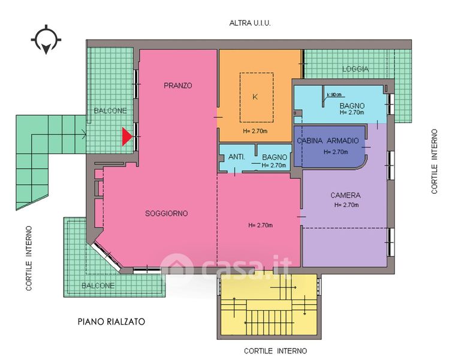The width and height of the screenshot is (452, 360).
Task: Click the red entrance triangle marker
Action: pyautogui.click(x=126, y=136)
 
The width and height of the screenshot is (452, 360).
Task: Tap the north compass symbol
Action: pyautogui.click(x=46, y=40)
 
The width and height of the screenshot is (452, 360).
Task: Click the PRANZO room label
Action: pyautogui.click(x=178, y=85)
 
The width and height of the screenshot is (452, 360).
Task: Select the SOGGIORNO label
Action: pyautogui.click(x=166, y=214)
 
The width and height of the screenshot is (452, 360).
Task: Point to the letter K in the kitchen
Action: pyautogui.click(x=255, y=97)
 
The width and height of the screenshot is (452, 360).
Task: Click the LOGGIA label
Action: pyautogui.click(x=355, y=69)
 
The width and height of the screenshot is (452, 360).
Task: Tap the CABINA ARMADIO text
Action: pyautogui.click(x=328, y=141)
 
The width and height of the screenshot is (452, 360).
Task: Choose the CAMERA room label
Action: pyautogui.click(x=345, y=195)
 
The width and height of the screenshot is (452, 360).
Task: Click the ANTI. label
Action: pyautogui.click(x=237, y=157)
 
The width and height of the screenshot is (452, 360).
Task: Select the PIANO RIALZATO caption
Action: pyautogui.click(x=112, y=322)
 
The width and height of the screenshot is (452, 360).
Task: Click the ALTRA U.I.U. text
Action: pyautogui.click(x=250, y=23)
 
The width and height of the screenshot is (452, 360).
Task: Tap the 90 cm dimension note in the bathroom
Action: pyautogui.click(x=335, y=95)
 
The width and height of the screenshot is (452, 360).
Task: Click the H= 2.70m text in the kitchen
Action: pyautogui.click(x=255, y=131)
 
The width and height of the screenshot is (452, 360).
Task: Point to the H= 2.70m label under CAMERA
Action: pyautogui.click(x=346, y=205)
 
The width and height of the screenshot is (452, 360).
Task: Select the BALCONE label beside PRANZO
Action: pyautogui.click(x=110, y=110)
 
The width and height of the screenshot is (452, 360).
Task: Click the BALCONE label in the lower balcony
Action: pyautogui.click(x=98, y=286)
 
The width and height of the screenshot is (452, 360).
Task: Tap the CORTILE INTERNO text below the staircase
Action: pyautogui.click(x=275, y=351)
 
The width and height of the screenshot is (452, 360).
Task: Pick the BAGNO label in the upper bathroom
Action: pyautogui.click(x=352, y=106)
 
